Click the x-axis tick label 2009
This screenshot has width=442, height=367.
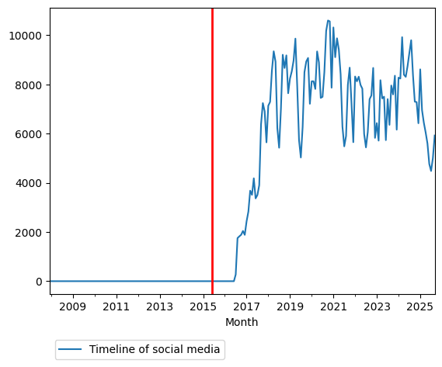point(73,307)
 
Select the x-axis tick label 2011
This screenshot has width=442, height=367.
point(117,307)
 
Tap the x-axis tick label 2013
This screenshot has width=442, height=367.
point(160,307)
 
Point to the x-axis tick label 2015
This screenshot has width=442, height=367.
point(204,307)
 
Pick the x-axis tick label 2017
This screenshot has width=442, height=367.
point(246,307)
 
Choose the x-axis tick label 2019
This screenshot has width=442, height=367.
point(290,307)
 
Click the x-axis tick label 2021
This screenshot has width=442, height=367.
point(333,307)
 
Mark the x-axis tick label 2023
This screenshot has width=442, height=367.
point(377,307)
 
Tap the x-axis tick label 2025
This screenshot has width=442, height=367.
point(420,307)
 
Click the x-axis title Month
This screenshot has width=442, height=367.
point(242,322)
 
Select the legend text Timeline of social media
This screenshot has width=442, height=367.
point(155,350)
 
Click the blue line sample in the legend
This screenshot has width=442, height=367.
point(71,350)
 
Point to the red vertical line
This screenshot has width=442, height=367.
point(212,155)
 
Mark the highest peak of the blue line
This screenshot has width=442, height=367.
point(328,20)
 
